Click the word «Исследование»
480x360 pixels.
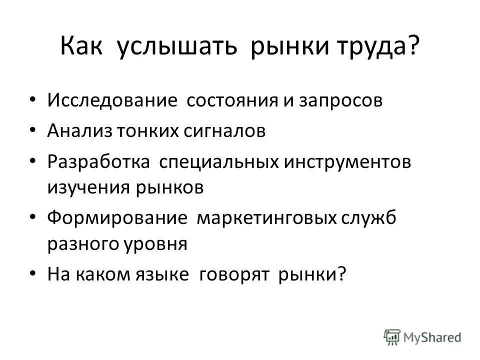tap(113, 100)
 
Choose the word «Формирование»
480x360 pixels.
tap(117, 218)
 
